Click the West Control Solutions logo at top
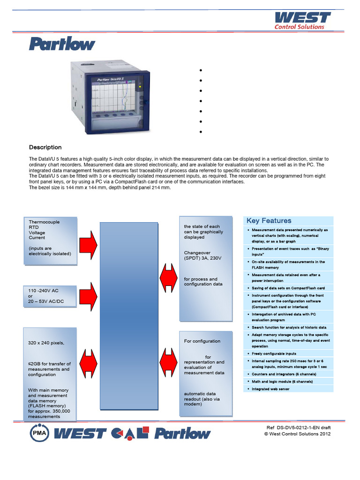click(x=302, y=20)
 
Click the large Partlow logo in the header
click(x=62, y=45)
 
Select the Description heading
click(x=45, y=147)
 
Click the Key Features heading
click(x=269, y=221)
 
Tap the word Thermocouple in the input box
click(x=44, y=222)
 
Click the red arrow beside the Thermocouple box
click(x=88, y=244)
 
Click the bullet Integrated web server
click(x=270, y=389)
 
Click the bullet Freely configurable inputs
click(x=274, y=353)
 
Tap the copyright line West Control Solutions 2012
click(x=298, y=434)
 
